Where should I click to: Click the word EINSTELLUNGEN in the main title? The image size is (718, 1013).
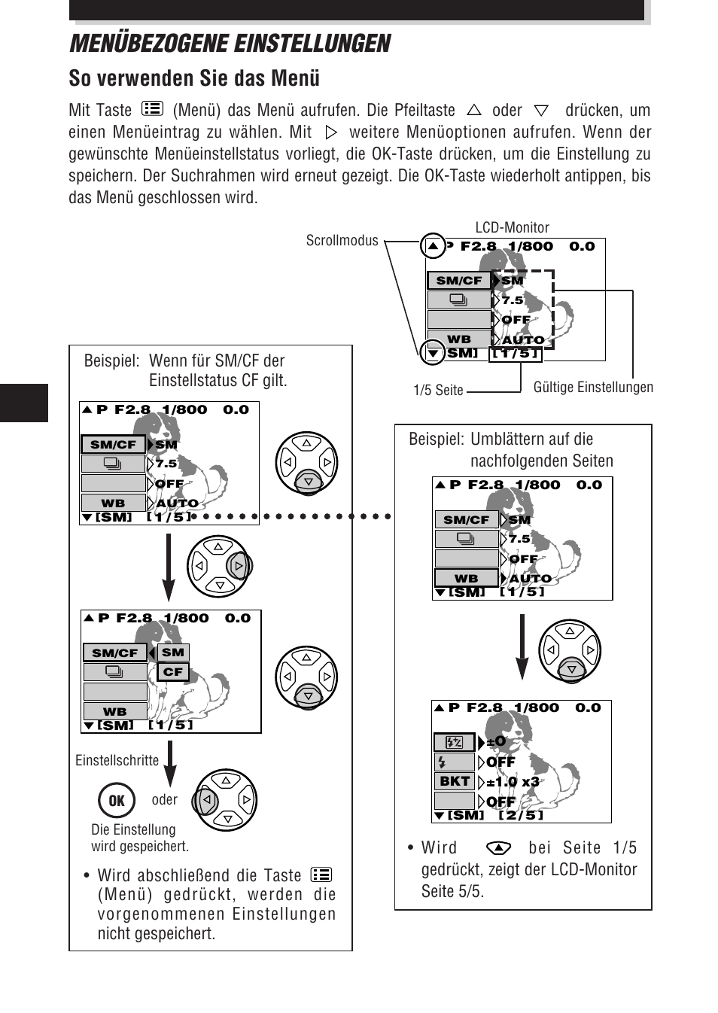(x=312, y=44)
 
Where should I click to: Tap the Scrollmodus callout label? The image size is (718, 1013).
(x=342, y=240)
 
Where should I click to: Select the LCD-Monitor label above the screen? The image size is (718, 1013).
(x=512, y=227)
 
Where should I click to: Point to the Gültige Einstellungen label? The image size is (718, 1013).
(x=593, y=387)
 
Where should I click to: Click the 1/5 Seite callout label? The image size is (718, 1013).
(x=438, y=390)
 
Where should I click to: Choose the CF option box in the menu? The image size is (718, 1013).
(x=173, y=672)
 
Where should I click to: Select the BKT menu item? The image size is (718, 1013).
(x=455, y=781)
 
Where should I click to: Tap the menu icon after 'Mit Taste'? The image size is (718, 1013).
(x=152, y=108)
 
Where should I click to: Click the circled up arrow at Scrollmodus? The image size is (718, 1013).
(x=433, y=246)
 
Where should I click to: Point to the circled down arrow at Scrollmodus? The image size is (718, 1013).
(x=433, y=352)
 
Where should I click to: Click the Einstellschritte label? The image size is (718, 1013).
(x=117, y=760)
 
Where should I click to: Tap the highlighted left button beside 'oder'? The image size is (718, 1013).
(x=205, y=799)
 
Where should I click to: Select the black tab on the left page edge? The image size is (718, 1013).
(x=24, y=403)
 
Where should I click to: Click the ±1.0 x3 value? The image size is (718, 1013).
(x=513, y=782)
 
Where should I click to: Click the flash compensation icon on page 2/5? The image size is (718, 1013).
(x=454, y=742)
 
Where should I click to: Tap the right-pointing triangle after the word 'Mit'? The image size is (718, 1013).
(x=331, y=132)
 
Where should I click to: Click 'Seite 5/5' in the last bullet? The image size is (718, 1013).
(x=452, y=891)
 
